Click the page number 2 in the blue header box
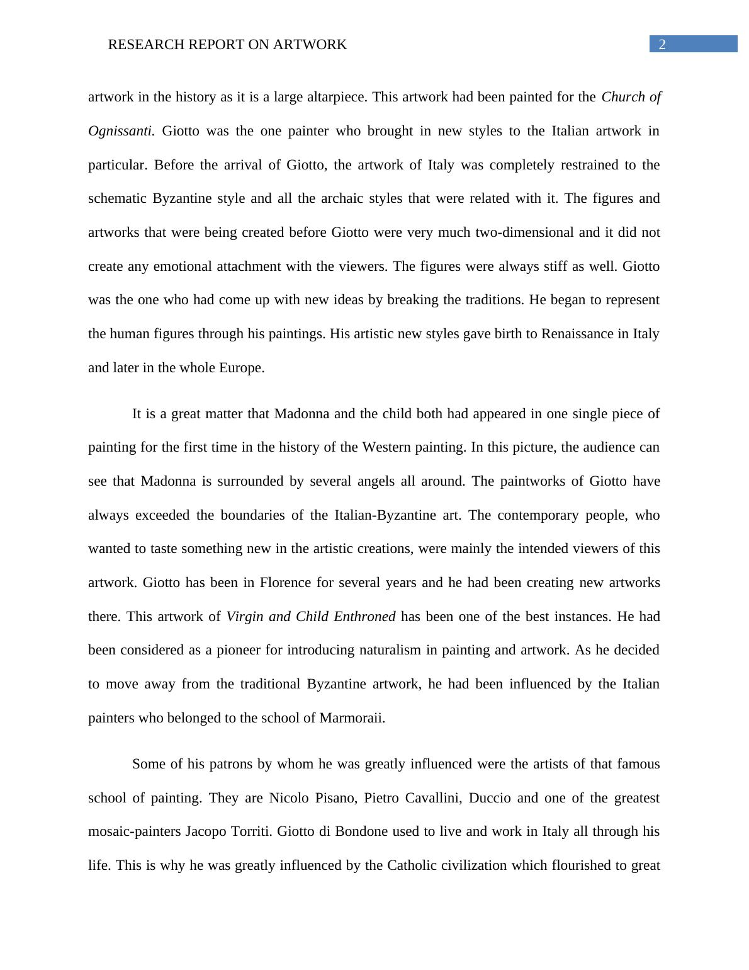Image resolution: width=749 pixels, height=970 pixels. [x=662, y=44]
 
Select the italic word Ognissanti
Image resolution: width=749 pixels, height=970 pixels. [x=121, y=131]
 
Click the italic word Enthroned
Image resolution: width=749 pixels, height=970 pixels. [x=364, y=617]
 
